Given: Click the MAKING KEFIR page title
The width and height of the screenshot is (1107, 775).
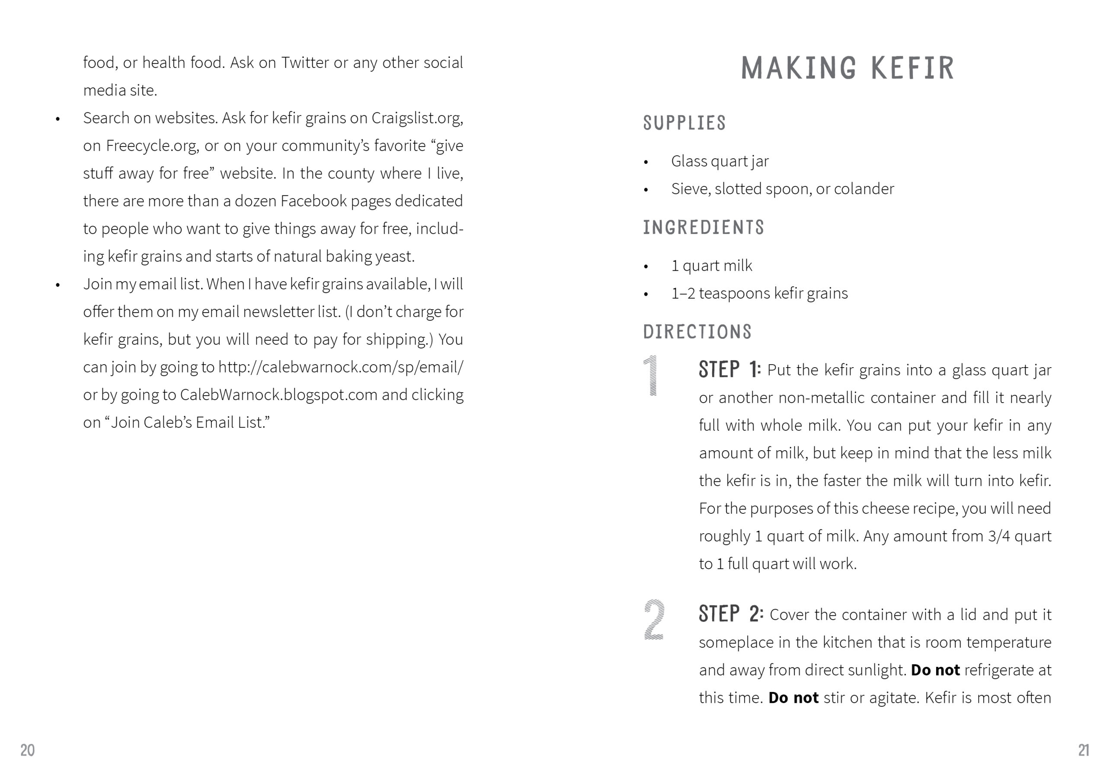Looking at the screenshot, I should [847, 67].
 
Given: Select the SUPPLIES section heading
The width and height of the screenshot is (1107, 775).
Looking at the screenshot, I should [684, 123].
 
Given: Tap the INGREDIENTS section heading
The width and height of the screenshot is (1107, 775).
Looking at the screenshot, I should [704, 227].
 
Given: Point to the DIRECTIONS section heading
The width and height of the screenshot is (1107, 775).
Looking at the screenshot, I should [697, 332].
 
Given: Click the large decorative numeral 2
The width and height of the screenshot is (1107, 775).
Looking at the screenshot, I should [654, 620].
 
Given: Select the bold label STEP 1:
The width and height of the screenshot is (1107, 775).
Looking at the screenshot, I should [729, 370].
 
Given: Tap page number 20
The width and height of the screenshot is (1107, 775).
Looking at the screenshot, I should [28, 750].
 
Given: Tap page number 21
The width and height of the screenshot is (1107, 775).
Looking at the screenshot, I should [1083, 750].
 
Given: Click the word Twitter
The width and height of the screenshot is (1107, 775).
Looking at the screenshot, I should [305, 63].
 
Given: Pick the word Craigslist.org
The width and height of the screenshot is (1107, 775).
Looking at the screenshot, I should [417, 118].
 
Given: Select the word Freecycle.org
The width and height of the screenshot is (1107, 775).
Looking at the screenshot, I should [152, 146].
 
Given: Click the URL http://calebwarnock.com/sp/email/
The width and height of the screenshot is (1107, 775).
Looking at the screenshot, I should [340, 368].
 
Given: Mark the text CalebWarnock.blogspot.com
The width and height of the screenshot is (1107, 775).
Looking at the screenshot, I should [278, 395].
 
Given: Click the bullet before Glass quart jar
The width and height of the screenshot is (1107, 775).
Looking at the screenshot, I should [646, 163].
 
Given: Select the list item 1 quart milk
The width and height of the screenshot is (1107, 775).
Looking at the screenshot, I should [711, 266].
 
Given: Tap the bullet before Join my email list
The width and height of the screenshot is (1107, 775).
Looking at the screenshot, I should [58, 285].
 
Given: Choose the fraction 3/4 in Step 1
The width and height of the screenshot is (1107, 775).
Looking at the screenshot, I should [998, 536].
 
